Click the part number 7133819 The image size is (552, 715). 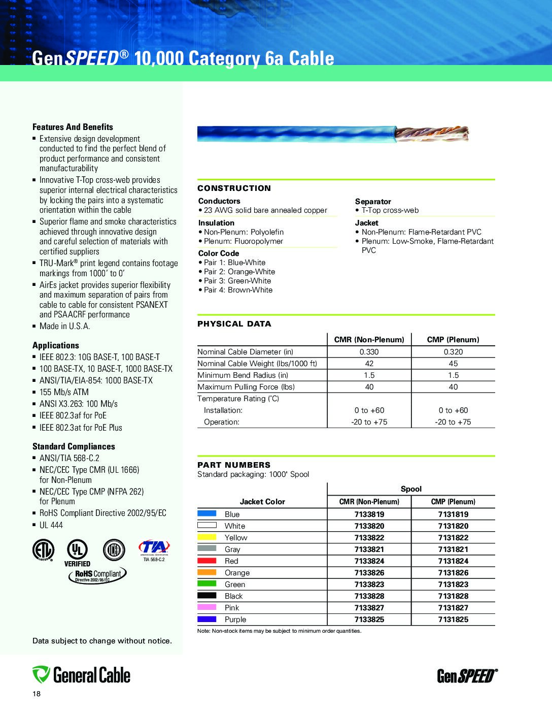(369, 514)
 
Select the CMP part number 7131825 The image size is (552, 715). (453, 619)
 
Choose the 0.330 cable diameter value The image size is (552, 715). (369, 351)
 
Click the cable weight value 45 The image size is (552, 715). (453, 363)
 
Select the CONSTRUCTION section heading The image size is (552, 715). (234, 188)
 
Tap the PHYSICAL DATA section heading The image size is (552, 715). (234, 323)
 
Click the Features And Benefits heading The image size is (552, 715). (73, 127)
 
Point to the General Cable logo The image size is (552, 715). (81, 675)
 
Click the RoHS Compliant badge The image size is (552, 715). (97, 574)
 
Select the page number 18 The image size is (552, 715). (36, 694)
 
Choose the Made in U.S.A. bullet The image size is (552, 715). (64, 326)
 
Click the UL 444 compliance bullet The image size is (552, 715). (51, 525)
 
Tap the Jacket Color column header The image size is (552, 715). (262, 501)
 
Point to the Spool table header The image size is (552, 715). (411, 489)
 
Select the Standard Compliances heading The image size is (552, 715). (74, 446)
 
